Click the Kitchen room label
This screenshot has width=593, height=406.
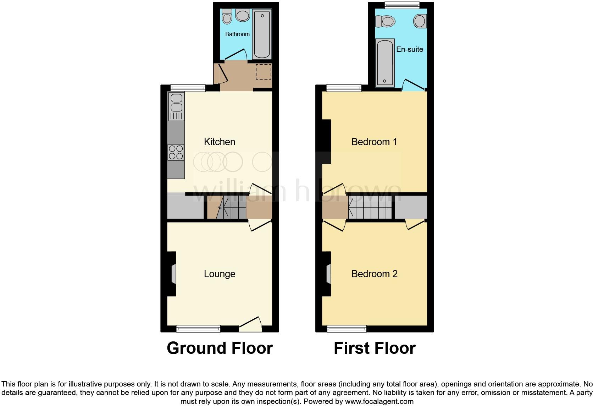click(220, 142)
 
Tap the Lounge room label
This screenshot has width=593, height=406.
click(220, 274)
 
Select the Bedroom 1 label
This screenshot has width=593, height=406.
click(374, 142)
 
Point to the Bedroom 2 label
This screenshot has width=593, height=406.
click(374, 274)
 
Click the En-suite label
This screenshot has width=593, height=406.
click(410, 49)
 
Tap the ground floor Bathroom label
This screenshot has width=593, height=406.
click(237, 34)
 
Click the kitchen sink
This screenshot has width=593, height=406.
click(176, 103)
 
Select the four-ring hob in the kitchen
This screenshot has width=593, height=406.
click(176, 152)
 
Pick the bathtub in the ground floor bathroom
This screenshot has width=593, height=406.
click(262, 34)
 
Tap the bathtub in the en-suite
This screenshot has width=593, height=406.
click(385, 63)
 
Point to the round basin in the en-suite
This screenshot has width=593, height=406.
click(420, 21)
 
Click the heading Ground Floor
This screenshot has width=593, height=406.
click(220, 348)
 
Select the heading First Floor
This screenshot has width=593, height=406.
click(375, 348)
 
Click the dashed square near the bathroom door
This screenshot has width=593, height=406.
click(263, 72)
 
